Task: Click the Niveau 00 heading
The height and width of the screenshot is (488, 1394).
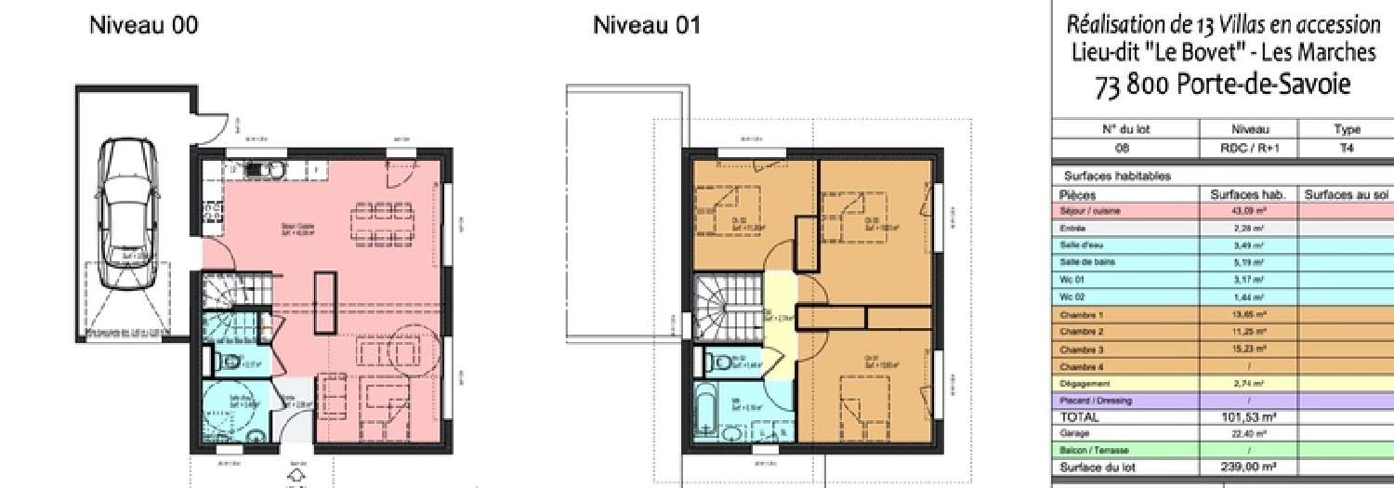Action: (x=143, y=25)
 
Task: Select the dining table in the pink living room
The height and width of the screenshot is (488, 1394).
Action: (x=381, y=219)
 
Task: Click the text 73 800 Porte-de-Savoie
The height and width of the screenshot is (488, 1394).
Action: (x=1222, y=86)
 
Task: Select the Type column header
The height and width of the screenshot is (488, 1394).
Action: (x=1346, y=129)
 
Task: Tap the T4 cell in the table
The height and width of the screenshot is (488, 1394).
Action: (x=1346, y=147)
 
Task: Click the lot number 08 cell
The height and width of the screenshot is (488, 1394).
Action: (x=1125, y=147)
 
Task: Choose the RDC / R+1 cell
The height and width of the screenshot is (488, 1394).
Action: (x=1249, y=147)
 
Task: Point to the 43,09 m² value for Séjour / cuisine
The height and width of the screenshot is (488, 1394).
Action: (x=1249, y=211)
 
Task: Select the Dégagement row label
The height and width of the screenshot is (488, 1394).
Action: (x=1079, y=383)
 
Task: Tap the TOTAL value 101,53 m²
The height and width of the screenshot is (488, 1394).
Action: (x=1249, y=417)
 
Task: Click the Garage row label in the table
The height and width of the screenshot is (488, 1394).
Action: (x=1074, y=433)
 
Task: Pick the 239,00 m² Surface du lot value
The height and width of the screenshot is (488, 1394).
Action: (x=1249, y=468)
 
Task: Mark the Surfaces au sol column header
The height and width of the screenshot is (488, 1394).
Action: (x=1346, y=194)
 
